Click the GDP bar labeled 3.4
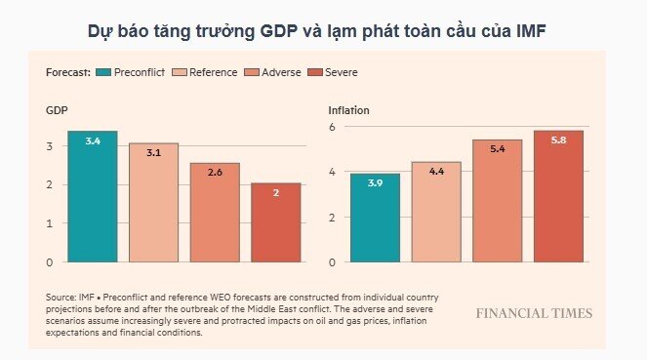pos(93,196)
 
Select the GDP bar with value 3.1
pos(153,203)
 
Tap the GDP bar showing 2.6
pos(215,213)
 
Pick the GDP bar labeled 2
pos(275,223)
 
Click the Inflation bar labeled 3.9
pos(375,218)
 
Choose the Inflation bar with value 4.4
pos(436,212)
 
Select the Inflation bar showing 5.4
pos(497,201)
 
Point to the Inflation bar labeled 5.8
pos(558,196)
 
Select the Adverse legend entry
pos(277,72)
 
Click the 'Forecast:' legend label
pos(68,72)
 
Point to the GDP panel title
pos(57,111)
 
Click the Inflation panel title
pos(349,111)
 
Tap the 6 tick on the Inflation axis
pos(332,127)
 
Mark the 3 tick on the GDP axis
pos(50,146)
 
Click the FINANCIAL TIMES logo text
pos(534,313)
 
